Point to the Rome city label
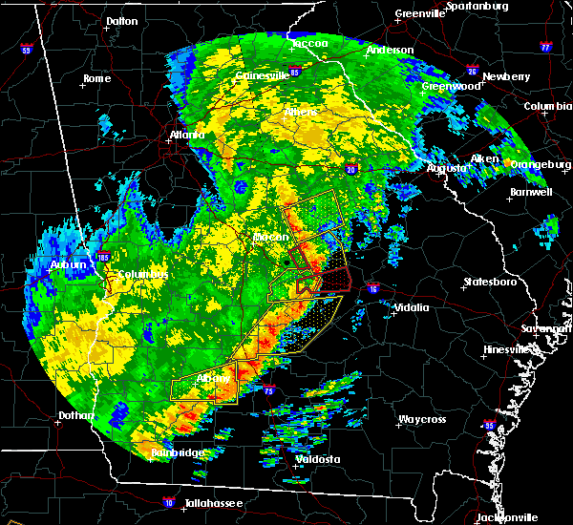pos(97,78)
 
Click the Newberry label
pos(506,76)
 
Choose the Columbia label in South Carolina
pos(548,106)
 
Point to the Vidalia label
pos(411,307)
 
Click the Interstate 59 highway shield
pos(26,49)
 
